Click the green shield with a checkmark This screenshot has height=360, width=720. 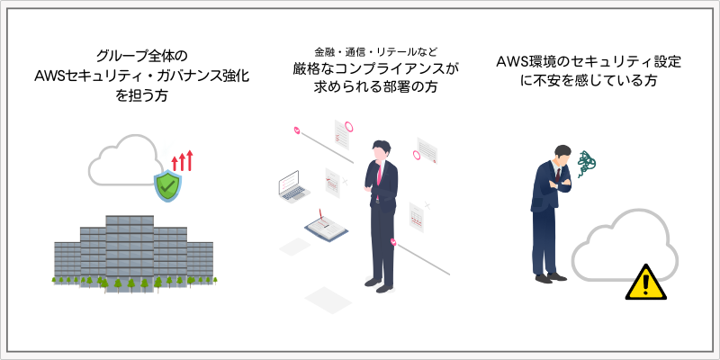pos(167,186)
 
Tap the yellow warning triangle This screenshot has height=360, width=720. pos(645,282)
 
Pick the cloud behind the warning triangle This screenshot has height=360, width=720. pos(625,245)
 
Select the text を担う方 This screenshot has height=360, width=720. pos(141,96)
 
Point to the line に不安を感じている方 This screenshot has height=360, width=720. pos(589,81)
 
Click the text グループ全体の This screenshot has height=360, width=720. pos(142,57)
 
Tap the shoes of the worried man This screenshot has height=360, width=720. pos(551,277)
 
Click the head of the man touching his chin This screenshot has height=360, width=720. pos(381,150)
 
